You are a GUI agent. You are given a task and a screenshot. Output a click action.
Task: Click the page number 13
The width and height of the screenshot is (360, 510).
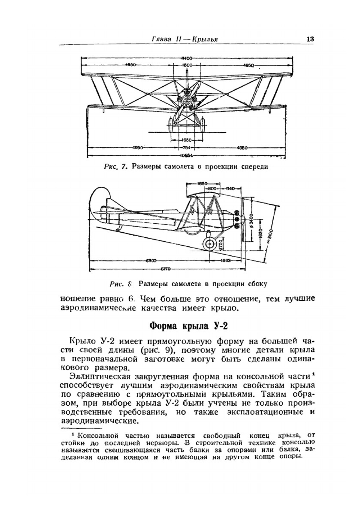310,39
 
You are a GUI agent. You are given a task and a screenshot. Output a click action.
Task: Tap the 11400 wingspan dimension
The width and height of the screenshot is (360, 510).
186,58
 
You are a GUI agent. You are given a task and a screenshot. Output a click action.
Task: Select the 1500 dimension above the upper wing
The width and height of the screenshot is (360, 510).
187,65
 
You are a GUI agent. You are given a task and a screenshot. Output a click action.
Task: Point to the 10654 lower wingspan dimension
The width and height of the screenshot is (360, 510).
187,156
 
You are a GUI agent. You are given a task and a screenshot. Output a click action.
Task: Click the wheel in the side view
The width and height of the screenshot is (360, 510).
209,244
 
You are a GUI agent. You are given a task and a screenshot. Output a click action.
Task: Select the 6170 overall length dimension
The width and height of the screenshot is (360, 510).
165,268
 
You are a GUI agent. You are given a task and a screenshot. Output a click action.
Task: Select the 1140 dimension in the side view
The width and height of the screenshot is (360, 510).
230,188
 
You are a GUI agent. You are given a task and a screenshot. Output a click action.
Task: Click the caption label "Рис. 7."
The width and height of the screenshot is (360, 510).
116,167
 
